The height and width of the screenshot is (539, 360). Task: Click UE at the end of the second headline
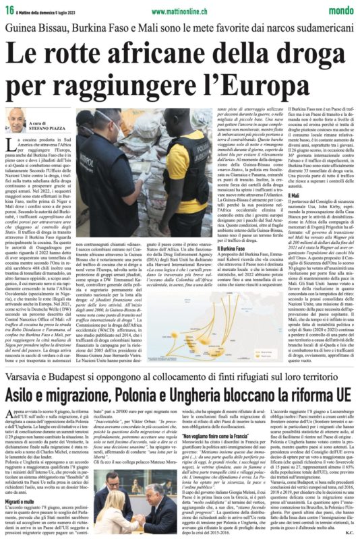[341, 393]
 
